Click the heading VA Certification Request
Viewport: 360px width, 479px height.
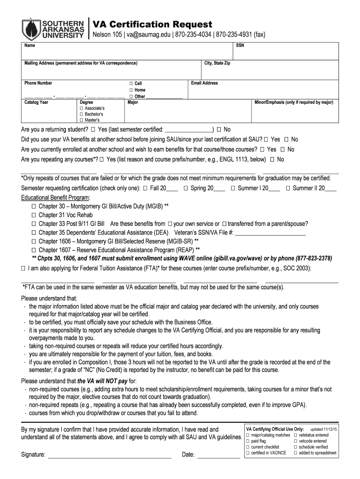152,24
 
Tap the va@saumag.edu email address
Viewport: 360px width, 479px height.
148,36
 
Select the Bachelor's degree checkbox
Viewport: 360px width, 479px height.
82,114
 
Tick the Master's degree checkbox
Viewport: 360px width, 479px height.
82,120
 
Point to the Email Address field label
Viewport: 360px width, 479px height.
204,83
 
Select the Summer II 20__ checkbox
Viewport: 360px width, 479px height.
288,188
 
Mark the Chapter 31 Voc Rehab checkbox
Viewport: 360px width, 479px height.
34,215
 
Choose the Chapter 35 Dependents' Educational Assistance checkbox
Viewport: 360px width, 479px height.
34,232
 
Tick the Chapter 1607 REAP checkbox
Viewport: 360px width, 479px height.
34,250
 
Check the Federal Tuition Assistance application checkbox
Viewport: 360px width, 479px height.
23,269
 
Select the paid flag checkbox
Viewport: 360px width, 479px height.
247,441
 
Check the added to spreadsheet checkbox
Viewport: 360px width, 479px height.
295,453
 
